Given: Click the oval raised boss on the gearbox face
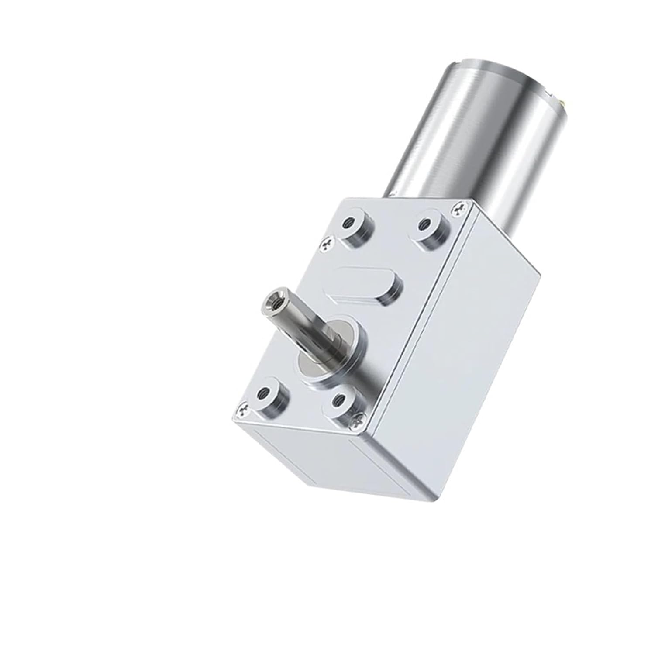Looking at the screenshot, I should (x=367, y=286).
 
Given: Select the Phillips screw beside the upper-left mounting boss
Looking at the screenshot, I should (x=328, y=245).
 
